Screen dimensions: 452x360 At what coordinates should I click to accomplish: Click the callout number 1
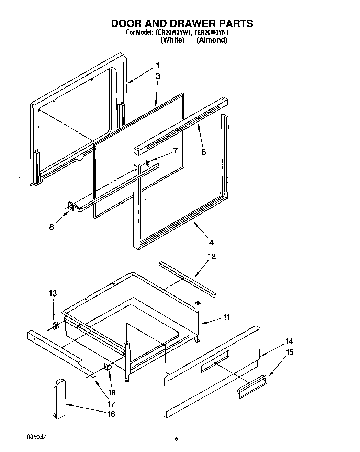coord(158,66)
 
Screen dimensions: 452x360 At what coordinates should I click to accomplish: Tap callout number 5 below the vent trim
coord(204,152)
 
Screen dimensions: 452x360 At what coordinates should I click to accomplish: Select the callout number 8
coord(52,227)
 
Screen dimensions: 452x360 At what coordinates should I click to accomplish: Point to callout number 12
coord(212,256)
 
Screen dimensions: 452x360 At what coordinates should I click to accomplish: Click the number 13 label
coord(53,293)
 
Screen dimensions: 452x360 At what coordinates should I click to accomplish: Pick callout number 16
coord(111,414)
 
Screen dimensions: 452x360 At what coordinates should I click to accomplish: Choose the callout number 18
coord(112,393)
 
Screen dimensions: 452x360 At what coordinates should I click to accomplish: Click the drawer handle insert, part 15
coord(252,386)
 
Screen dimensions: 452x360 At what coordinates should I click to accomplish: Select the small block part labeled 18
coord(108,368)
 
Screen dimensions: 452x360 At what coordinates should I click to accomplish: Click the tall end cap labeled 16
coord(59,398)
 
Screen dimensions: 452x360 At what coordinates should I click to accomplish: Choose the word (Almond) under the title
coord(212,40)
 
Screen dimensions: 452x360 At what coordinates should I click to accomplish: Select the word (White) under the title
coord(172,40)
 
